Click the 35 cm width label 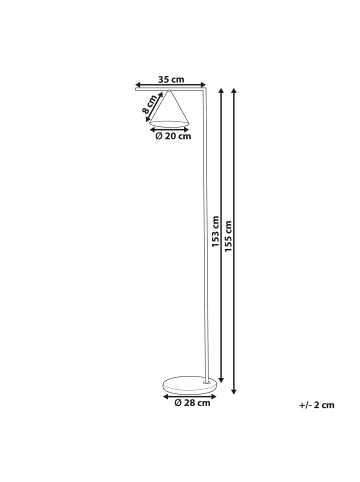point(171,80)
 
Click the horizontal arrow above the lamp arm point(170,87)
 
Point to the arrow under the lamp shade point(171,128)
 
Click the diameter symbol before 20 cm point(160,137)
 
